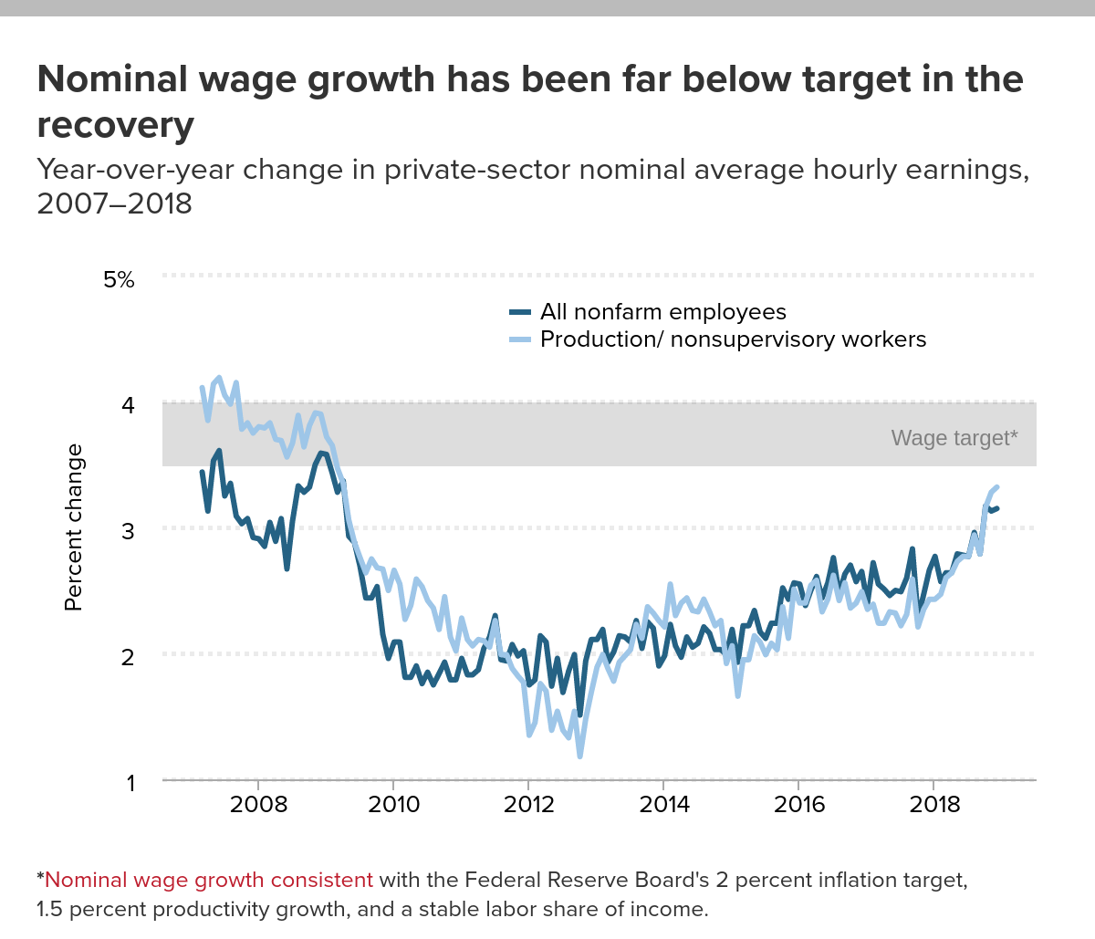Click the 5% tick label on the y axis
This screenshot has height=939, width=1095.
pyautogui.click(x=119, y=279)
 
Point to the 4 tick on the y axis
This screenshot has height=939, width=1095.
pyautogui.click(x=128, y=404)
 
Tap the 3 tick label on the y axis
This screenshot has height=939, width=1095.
pyautogui.click(x=128, y=530)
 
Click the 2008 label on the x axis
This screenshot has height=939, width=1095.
pyautogui.click(x=259, y=805)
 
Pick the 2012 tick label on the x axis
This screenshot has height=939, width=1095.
pyautogui.click(x=529, y=805)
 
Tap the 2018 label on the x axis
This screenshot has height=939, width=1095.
pyautogui.click(x=934, y=805)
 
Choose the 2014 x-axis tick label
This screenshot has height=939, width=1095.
pyautogui.click(x=664, y=805)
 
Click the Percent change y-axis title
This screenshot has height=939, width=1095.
pyautogui.click(x=74, y=527)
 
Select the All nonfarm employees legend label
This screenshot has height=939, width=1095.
pyautogui.click(x=662, y=312)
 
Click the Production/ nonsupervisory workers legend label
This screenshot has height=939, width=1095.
pyautogui.click(x=733, y=339)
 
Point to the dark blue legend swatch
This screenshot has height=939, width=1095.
pyautogui.click(x=520, y=313)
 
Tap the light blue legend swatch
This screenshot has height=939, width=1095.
pyautogui.click(x=520, y=340)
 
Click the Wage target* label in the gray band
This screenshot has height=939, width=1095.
pyautogui.click(x=954, y=438)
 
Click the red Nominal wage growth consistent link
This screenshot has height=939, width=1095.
pyautogui.click(x=209, y=881)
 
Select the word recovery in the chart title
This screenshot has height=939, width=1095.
pyautogui.click(x=115, y=125)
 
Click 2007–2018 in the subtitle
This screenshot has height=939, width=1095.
pyautogui.click(x=115, y=203)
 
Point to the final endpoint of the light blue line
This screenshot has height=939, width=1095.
pyautogui.click(x=996, y=487)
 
